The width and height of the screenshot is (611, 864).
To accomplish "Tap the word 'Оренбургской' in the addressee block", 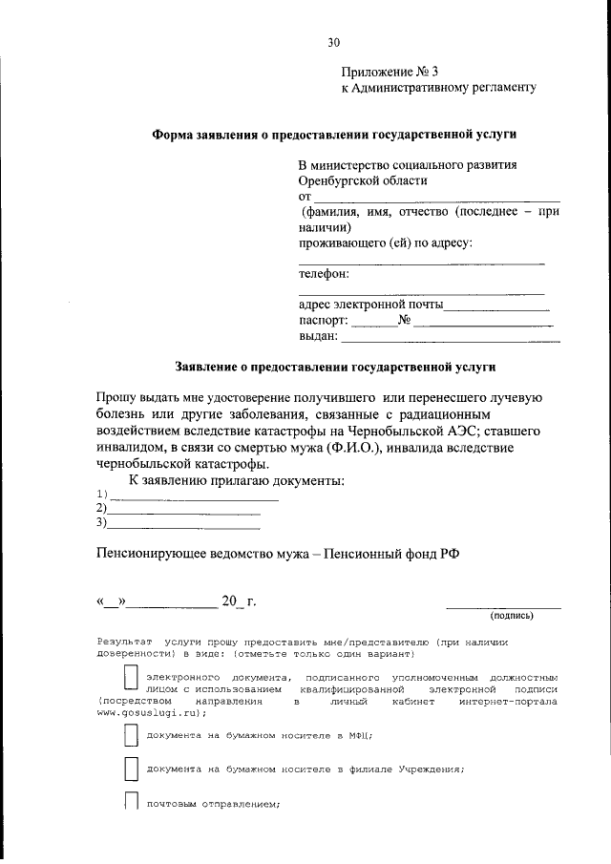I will pyautogui.click(x=340, y=179).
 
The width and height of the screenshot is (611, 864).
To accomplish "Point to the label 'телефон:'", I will pyautogui.click(x=325, y=274).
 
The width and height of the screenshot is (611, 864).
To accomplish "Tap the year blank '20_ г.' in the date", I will pyautogui.click(x=238, y=601).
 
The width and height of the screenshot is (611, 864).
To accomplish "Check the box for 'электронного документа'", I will pyautogui.click(x=132, y=679).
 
